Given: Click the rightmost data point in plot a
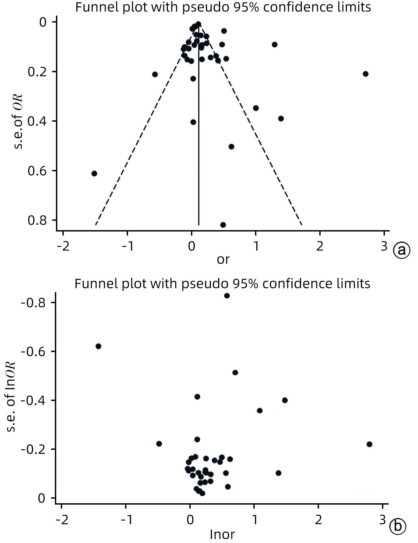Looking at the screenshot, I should point(365,74).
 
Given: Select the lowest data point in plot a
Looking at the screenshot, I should point(223,225).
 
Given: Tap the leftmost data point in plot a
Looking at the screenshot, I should point(94,173).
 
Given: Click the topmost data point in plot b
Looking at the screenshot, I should point(227,296).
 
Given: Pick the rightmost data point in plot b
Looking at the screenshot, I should point(369,444).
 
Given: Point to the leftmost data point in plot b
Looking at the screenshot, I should point(98,346).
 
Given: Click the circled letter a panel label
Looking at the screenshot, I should point(402,250).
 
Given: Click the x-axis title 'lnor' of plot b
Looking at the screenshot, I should point(222,535).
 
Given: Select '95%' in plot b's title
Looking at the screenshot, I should point(245,284).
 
